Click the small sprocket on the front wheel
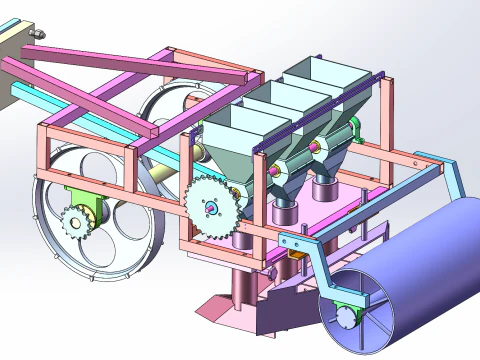tap(76, 219)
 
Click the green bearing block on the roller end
tap(345, 312)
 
